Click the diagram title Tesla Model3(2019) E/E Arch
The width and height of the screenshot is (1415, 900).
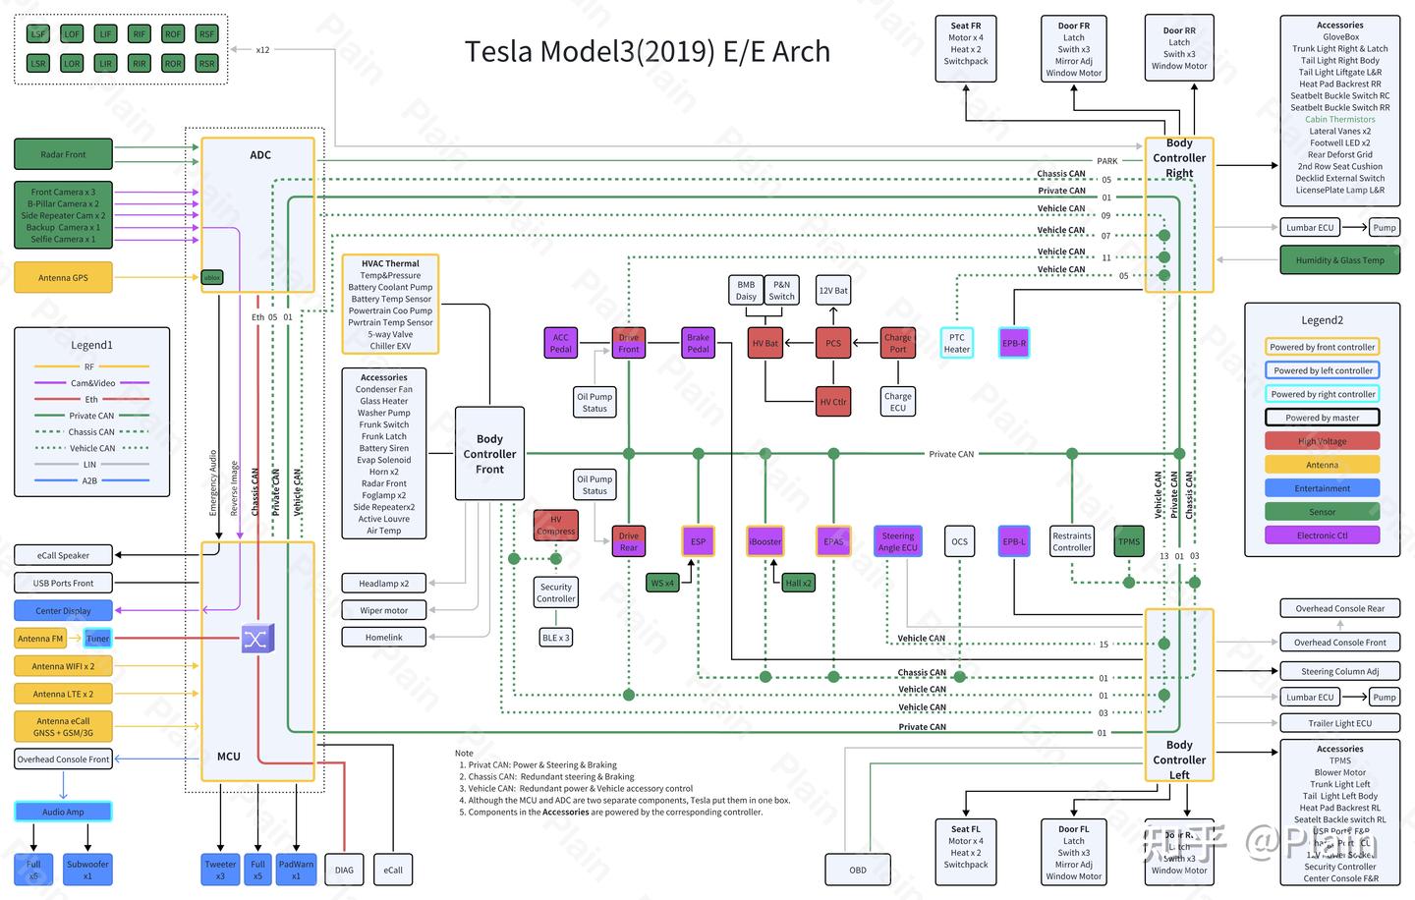point(647,51)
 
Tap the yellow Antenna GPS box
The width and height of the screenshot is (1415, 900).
point(63,278)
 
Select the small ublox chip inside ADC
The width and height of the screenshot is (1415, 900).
point(211,278)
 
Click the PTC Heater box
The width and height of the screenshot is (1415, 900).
point(956,343)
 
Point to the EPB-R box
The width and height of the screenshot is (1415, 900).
point(1014,343)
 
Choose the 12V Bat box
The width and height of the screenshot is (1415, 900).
point(833,290)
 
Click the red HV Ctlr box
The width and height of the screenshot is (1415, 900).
point(833,402)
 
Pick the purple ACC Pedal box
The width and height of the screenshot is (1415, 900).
point(560,343)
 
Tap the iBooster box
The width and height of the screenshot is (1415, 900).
point(764,541)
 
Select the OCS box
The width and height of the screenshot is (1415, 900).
point(959,541)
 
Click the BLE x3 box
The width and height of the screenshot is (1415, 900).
point(556,638)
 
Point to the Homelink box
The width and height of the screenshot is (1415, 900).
point(383,638)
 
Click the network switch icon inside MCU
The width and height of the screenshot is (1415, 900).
point(256,639)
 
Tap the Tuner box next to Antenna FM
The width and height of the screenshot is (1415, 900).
point(97,639)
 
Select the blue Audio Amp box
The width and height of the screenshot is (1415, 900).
point(63,812)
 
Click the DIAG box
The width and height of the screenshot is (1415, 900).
point(344,870)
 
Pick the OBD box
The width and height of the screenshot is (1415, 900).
point(858,870)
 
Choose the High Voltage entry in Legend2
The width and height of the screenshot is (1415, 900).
point(1322,441)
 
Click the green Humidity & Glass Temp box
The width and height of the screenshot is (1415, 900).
point(1339,260)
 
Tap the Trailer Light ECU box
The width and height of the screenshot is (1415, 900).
point(1339,723)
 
